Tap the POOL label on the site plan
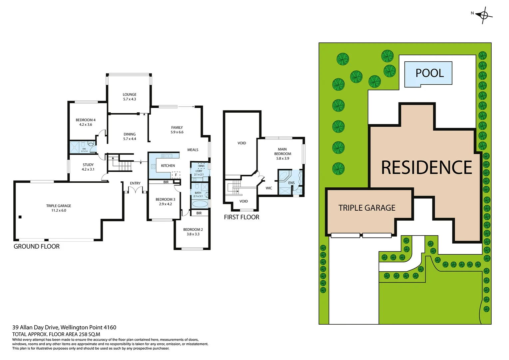pyautogui.click(x=429, y=73)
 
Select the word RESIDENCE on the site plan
pyautogui.click(x=426, y=168)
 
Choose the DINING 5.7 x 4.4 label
pyautogui.click(x=130, y=136)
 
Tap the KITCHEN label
pyautogui.click(x=168, y=166)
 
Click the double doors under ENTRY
pyautogui.click(x=135, y=190)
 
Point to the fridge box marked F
pyautogui.click(x=176, y=175)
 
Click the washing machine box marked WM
pyautogui.click(x=201, y=166)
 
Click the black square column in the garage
pyautogui.click(x=20, y=217)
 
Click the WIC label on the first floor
pyautogui.click(x=269, y=188)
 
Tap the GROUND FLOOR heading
pyautogui.click(x=37, y=247)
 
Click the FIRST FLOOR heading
pyautogui.click(x=242, y=217)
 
